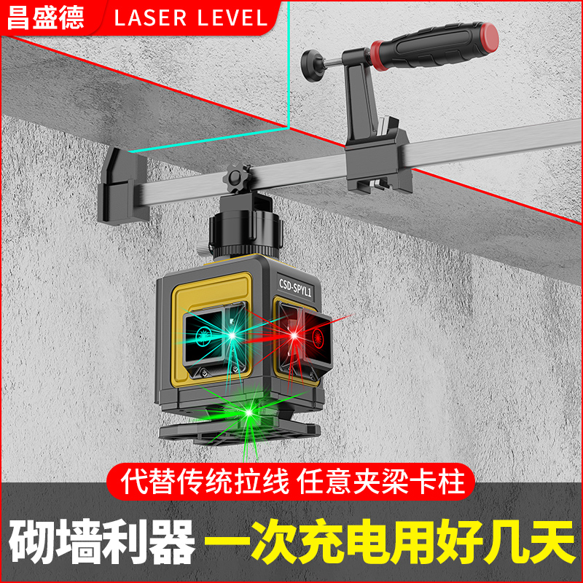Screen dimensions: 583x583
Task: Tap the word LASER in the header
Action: click(x=155, y=17)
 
